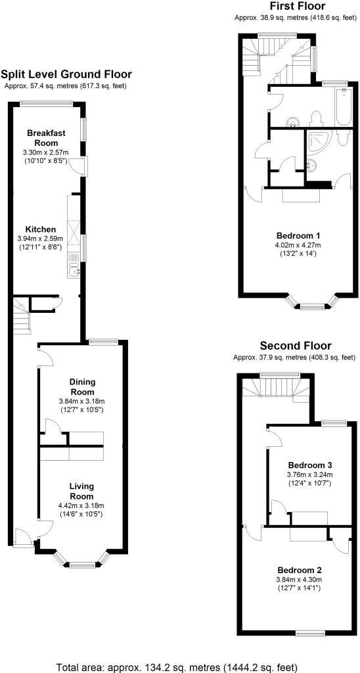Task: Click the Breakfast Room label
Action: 47,137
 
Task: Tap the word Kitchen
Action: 40,229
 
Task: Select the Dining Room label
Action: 83,386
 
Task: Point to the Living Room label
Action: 81,491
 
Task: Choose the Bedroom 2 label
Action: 299,569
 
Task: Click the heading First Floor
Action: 297,7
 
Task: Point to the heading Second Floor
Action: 296,346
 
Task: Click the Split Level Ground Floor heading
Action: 66,75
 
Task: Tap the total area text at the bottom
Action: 179,666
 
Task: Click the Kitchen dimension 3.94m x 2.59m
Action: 40,238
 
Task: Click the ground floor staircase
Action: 22,319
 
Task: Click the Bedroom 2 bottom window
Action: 307,632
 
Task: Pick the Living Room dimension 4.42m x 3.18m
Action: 81,505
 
